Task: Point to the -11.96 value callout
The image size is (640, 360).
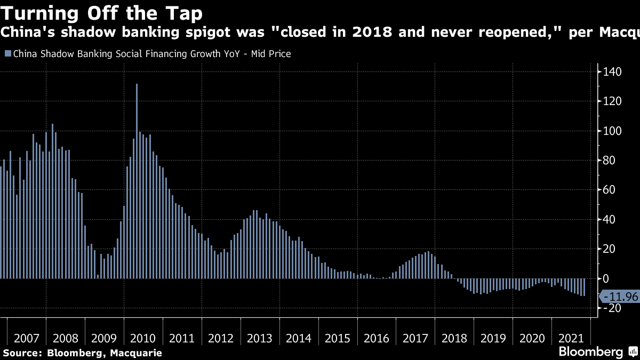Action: click(619, 296)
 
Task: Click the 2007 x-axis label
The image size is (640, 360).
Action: click(27, 338)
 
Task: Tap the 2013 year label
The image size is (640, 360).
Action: click(260, 338)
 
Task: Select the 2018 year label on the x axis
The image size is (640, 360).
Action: click(454, 338)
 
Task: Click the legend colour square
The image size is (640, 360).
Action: click(7, 54)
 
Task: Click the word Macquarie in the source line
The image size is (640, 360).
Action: click(136, 353)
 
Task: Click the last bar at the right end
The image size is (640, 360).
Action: click(585, 287)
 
